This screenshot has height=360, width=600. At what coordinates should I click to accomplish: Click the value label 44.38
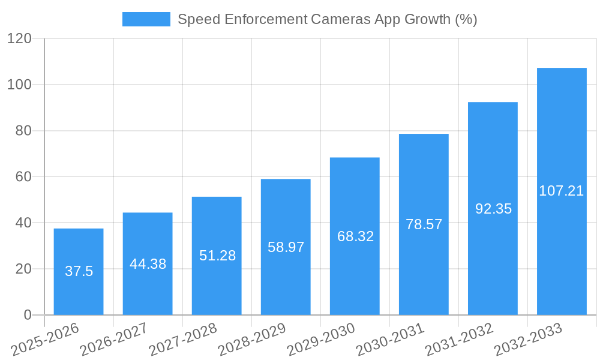148,264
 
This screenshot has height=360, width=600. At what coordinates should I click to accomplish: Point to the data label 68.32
355,236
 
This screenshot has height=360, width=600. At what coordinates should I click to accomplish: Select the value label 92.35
493,209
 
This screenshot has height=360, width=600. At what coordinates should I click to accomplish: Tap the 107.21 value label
562,191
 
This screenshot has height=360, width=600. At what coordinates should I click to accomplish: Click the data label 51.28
217,255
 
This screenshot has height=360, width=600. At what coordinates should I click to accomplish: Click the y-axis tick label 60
23,177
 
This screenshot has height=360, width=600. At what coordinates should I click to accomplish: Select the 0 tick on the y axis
27,315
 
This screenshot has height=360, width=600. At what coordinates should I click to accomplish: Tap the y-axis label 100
19,85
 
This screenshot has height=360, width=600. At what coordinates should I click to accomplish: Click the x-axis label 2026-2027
114,340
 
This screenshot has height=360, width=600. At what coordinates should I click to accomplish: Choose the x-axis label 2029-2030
321,340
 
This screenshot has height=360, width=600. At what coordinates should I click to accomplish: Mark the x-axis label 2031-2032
459,340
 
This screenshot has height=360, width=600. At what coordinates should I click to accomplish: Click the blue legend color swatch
146,19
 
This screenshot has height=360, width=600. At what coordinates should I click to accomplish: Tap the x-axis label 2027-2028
183,340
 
